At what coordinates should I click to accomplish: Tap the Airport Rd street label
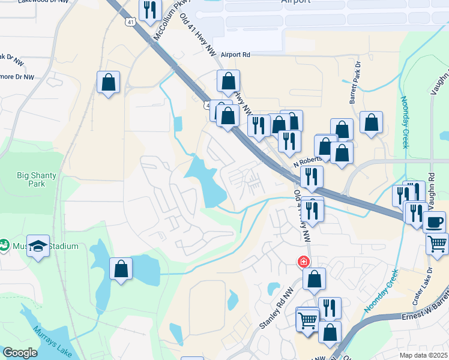(235, 55)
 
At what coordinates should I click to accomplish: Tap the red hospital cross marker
(304, 262)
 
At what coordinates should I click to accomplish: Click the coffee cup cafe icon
(434, 221)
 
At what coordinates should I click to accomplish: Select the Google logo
(20, 353)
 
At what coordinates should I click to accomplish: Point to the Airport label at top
(296, 2)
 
